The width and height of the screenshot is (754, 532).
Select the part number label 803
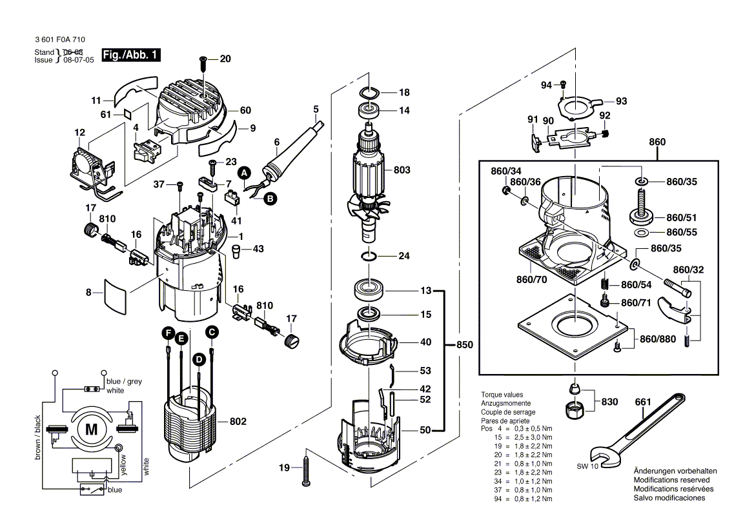[x=402, y=170]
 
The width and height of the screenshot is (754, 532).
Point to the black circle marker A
[x=244, y=173]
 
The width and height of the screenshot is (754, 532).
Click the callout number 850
[x=464, y=345]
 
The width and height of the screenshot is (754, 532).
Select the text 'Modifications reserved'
[x=671, y=480]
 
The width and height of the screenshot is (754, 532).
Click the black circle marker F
[x=168, y=333]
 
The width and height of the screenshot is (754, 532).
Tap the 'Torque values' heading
[x=502, y=395]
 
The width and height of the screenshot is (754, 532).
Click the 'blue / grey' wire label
[x=124, y=381]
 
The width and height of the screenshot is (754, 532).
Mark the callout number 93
[x=621, y=101]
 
